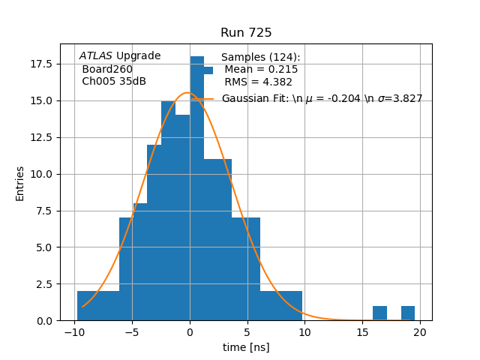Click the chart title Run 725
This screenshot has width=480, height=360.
pyautogui.click(x=246, y=33)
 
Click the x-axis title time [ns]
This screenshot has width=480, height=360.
pyautogui.click(x=246, y=347)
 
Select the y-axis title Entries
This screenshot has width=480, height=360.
pyautogui.click(x=20, y=183)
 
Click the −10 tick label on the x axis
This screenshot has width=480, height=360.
pyautogui.click(x=74, y=332)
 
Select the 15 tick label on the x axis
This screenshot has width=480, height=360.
pyautogui.click(x=363, y=332)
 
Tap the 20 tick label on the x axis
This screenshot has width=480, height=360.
pyautogui.click(x=421, y=332)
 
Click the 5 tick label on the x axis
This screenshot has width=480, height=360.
pyautogui.click(x=247, y=332)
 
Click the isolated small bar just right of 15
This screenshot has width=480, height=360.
pyautogui.click(x=379, y=313)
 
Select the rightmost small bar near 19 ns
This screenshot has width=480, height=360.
pyautogui.click(x=408, y=313)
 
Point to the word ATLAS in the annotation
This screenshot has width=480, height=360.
pyautogui.click(x=96, y=56)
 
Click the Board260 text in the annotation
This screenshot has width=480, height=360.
pyautogui.click(x=107, y=69)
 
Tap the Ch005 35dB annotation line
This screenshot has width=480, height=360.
pyautogui.click(x=114, y=81)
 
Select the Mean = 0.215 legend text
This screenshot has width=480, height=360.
pyautogui.click(x=261, y=70)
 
